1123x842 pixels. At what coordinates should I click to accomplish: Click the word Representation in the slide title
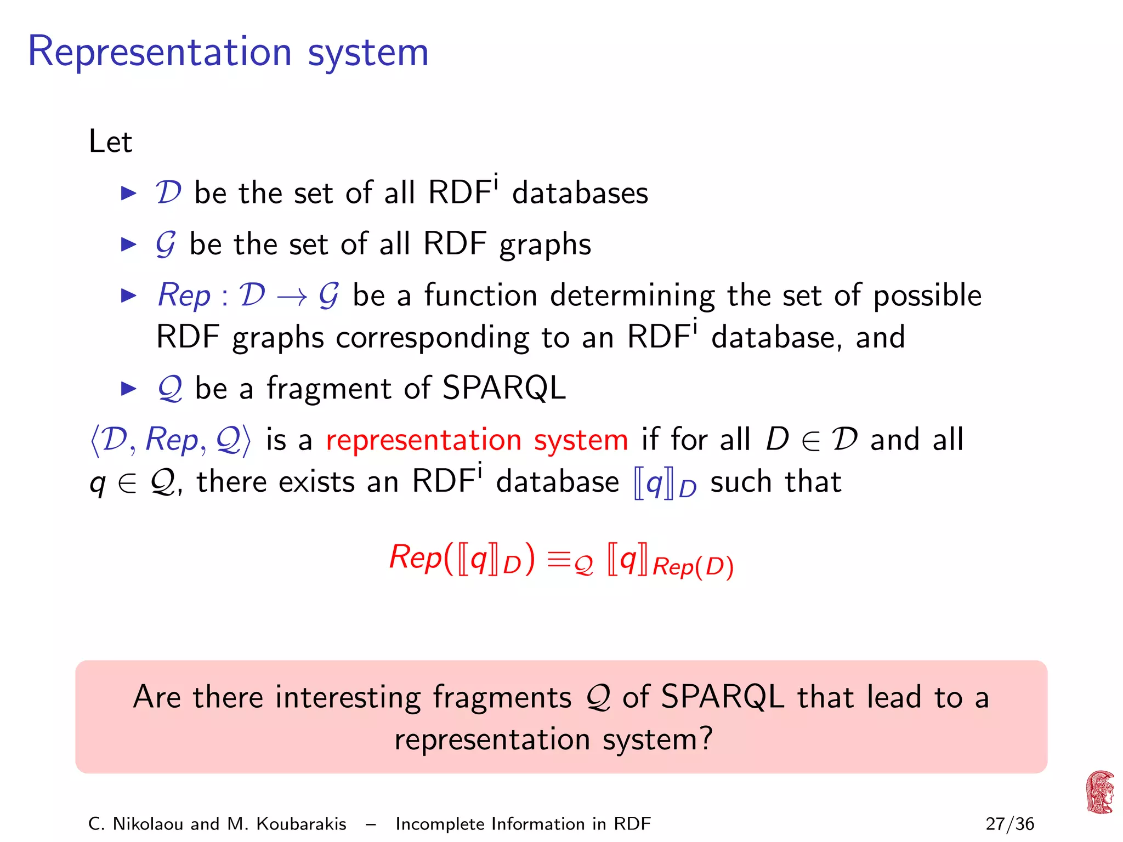click(159, 53)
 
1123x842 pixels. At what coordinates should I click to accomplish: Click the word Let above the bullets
click(110, 141)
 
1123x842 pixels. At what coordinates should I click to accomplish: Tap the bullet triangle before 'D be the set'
click(128, 193)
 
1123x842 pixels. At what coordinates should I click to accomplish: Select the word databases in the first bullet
click(580, 193)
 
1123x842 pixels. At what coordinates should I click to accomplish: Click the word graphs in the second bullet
click(545, 245)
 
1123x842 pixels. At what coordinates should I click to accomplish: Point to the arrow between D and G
click(292, 297)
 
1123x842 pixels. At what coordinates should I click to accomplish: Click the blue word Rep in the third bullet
click(184, 295)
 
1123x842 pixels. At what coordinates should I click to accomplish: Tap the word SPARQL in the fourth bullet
click(503, 388)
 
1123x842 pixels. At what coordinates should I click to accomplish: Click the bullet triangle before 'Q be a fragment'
click(128, 389)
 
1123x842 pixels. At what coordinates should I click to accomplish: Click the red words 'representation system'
click(477, 440)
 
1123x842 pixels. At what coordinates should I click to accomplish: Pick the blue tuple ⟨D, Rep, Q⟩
click(170, 440)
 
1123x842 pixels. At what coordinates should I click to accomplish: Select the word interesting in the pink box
click(347, 697)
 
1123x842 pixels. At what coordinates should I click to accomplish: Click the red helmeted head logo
click(1100, 792)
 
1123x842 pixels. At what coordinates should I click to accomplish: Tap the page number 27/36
click(1009, 824)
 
